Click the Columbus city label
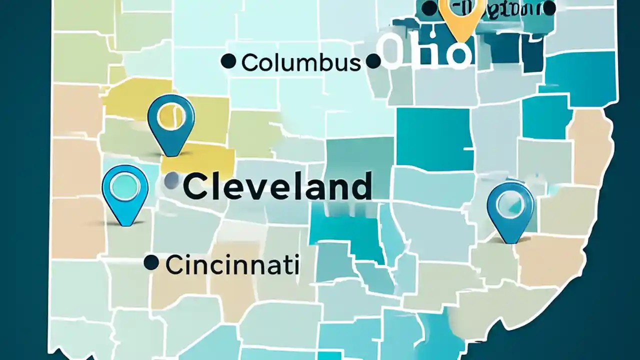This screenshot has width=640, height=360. [300, 63]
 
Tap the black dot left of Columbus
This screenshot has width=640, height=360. [228, 61]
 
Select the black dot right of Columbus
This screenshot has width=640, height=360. [373, 61]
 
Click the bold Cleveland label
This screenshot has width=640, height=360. [277, 186]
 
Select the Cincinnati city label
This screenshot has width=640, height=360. [232, 265]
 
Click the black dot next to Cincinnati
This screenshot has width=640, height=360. [151, 262]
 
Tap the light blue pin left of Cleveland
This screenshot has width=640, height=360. [125, 192]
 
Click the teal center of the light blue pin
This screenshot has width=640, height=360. [125, 185]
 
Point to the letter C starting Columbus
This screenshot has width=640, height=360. [249, 63]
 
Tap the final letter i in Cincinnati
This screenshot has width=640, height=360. [296, 265]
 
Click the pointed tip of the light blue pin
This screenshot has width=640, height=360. [125, 224]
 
